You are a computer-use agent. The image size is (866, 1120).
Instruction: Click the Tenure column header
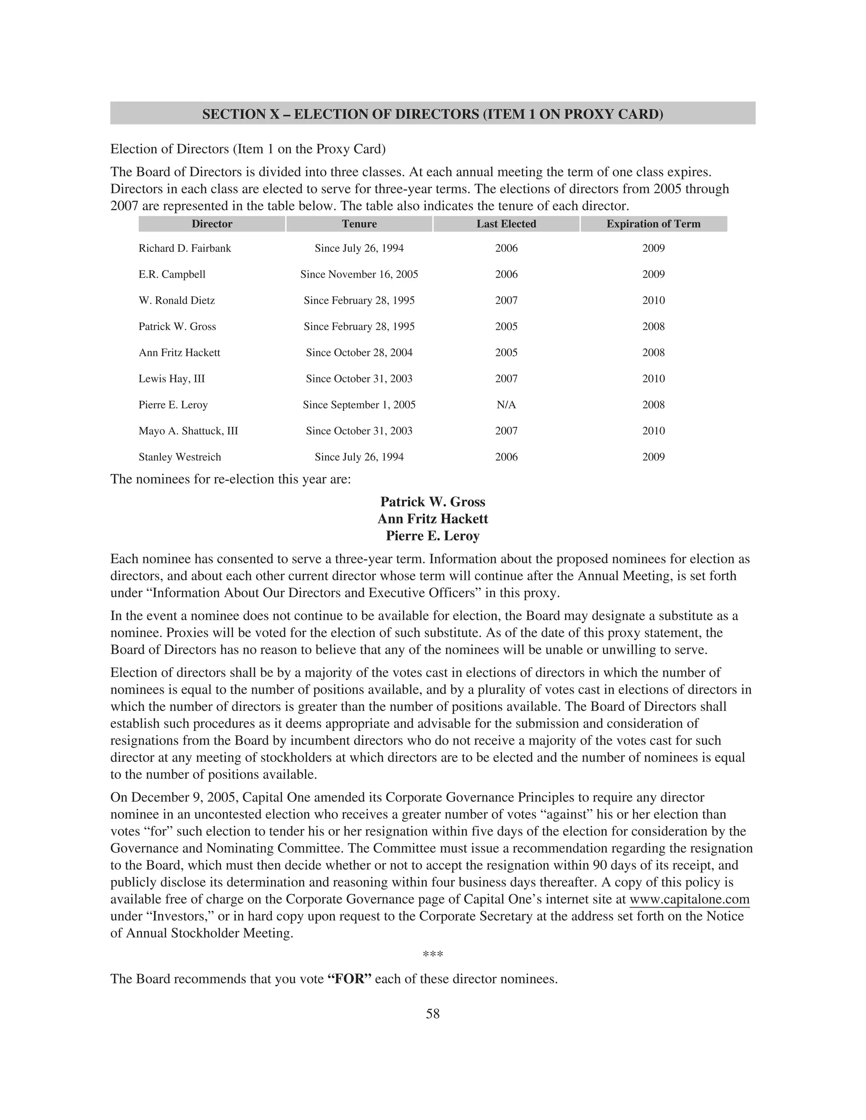point(359,224)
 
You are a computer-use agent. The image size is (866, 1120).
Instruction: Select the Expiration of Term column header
point(653,224)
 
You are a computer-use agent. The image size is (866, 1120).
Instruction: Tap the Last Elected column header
point(506,224)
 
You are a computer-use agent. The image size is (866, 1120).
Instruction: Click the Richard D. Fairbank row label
point(185,249)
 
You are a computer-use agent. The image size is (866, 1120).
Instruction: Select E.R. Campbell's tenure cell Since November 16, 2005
point(359,275)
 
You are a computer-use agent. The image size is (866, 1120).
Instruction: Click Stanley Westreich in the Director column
point(180,457)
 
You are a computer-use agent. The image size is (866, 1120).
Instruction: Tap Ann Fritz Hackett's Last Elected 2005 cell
point(506,353)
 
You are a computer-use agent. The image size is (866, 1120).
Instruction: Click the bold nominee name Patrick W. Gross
point(433,502)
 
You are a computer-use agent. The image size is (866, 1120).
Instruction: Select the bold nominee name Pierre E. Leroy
point(433,536)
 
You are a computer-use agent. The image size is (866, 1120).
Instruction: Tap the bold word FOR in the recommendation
point(349,979)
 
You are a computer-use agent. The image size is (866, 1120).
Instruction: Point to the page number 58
point(433,1014)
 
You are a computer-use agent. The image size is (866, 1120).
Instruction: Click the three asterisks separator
point(433,955)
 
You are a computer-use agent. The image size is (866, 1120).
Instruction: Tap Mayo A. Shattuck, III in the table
point(188,431)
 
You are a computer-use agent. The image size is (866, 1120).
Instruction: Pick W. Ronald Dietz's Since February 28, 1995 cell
point(359,301)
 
